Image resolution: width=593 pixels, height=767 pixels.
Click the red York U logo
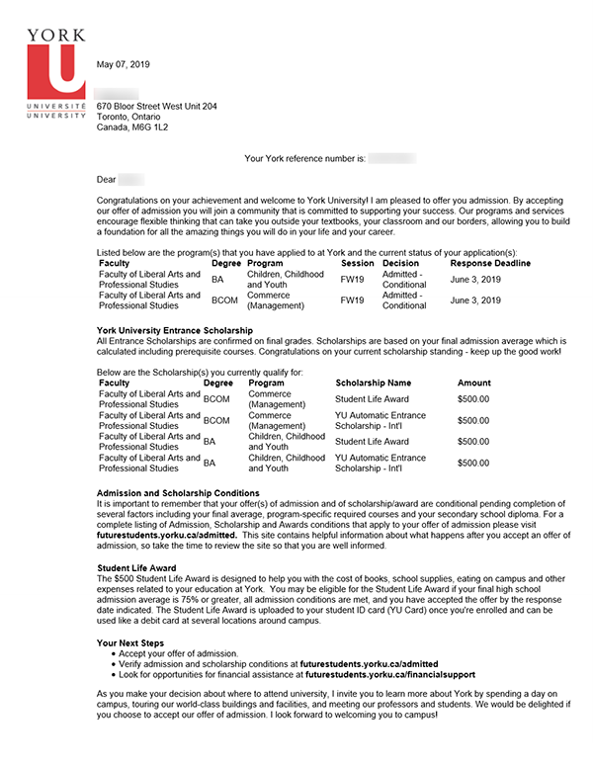coord(56,69)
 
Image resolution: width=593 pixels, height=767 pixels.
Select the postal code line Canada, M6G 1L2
coord(131,128)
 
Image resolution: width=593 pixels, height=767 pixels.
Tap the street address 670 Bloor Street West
coord(156,106)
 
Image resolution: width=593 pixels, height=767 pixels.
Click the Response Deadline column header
coord(490,264)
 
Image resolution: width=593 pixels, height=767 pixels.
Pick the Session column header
coord(357,264)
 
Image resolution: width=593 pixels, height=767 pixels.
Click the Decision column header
coord(400,264)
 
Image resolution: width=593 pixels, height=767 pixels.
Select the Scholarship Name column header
coord(374,383)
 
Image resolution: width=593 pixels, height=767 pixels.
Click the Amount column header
coord(474,383)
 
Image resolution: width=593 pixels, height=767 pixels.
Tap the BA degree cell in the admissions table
coord(217,280)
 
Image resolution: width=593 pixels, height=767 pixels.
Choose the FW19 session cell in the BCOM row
coord(352,300)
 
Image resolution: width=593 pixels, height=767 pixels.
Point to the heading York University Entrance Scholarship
coord(174,329)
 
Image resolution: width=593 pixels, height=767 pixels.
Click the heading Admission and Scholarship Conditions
coord(178,493)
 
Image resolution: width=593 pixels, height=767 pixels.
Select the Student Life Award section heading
coord(138,568)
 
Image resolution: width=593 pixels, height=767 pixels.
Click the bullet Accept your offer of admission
coord(181,654)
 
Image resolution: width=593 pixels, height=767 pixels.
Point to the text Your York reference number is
coord(304,158)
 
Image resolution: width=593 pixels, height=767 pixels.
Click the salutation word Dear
coord(106,180)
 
